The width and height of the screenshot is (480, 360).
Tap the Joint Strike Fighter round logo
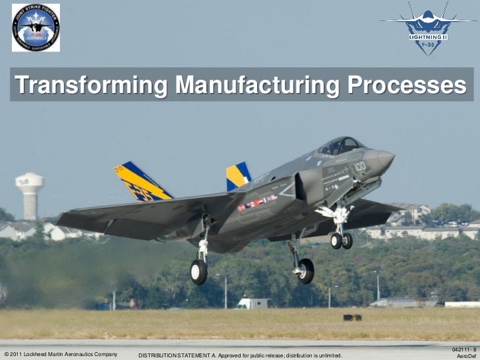(x=36, y=27)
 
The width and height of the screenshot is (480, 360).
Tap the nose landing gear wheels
(x=342, y=240)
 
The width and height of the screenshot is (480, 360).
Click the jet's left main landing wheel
(x=199, y=271)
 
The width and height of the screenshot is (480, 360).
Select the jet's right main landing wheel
(x=305, y=270)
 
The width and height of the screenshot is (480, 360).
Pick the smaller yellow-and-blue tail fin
(x=237, y=176)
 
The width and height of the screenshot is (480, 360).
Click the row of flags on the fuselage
(x=257, y=202)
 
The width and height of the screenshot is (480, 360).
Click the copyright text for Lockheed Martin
(x=61, y=354)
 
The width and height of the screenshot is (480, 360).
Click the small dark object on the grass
(x=352, y=317)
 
